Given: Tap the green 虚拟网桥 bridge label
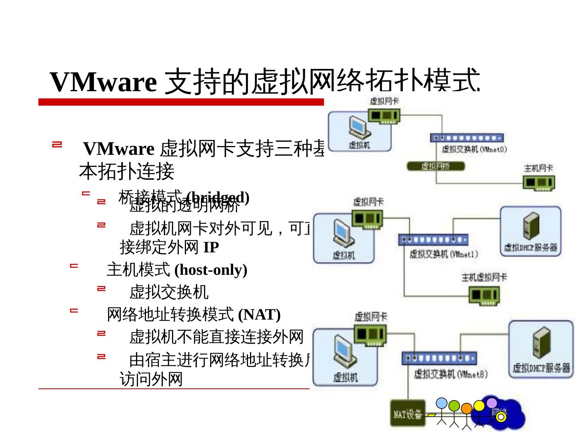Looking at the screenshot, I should point(436,166).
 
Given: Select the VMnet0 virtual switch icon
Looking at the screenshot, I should point(466,138).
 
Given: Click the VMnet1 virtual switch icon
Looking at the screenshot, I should point(433,240).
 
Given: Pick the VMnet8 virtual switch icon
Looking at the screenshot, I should point(439,358).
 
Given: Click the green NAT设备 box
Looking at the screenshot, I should point(408,414).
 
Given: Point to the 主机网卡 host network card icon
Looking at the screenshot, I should point(538,183).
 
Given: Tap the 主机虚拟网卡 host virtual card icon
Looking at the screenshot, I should point(484,296).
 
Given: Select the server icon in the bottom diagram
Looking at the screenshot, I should point(541,342).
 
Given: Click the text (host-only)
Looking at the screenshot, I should point(211,270).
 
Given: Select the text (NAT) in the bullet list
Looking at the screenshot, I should point(259,315).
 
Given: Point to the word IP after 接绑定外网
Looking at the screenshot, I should point(211,248).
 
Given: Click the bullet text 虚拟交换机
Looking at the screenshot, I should point(168,292).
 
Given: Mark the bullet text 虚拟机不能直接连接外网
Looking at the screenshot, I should point(216,337).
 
